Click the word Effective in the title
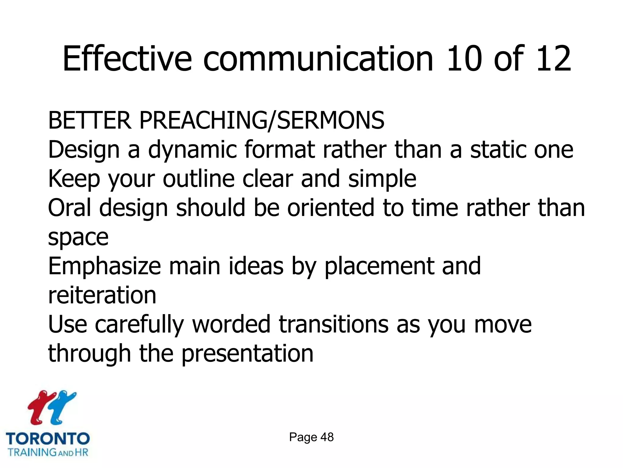(x=127, y=58)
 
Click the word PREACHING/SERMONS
(x=262, y=121)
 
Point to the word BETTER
(x=90, y=121)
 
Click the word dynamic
(x=192, y=150)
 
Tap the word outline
(x=199, y=179)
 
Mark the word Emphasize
(x=104, y=267)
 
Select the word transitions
(x=333, y=324)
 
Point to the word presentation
(x=247, y=354)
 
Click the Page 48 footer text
(x=311, y=437)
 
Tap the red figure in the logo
(x=41, y=407)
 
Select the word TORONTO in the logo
(x=48, y=439)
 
